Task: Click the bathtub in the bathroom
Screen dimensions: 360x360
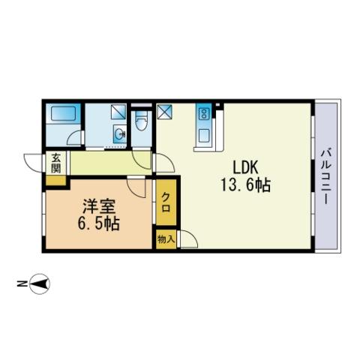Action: (x=64, y=114)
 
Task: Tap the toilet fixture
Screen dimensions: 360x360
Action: (x=142, y=121)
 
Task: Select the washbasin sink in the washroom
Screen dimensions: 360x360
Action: (x=119, y=133)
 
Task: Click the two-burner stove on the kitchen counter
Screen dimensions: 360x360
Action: (x=203, y=114)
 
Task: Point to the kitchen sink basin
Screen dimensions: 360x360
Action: (x=205, y=136)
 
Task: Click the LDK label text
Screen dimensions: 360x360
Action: (x=245, y=167)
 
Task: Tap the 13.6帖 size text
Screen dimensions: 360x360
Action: (x=245, y=185)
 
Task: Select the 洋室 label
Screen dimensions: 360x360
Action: (x=99, y=206)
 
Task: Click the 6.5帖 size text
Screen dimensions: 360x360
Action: (x=98, y=223)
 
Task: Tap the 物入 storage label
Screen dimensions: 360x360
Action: (x=166, y=239)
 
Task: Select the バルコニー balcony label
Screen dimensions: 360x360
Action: (x=326, y=176)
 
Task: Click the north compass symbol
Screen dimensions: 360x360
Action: (x=40, y=283)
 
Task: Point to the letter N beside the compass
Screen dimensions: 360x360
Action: (x=22, y=283)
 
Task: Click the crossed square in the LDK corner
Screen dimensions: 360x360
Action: (x=164, y=112)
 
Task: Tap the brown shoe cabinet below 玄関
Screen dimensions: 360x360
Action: (x=55, y=181)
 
